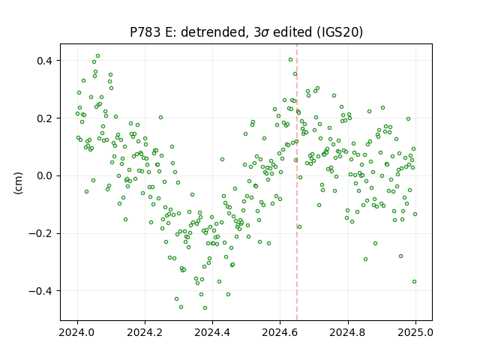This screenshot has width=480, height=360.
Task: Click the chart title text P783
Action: (x=145, y=32)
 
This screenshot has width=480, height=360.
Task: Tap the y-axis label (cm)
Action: (x=18, y=183)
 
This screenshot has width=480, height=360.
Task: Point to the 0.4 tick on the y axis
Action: (x=44, y=61)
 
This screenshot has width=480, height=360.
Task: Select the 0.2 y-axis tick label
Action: (x=44, y=118)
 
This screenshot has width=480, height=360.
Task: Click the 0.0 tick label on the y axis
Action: (x=44, y=175)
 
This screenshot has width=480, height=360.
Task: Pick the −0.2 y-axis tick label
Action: (x=40, y=233)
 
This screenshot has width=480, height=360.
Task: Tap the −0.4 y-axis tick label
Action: (x=40, y=291)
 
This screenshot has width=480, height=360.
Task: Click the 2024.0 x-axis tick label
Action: (x=77, y=332)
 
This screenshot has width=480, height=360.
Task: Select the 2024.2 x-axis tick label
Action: (x=145, y=332)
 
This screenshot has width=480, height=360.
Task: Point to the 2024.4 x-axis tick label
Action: (x=212, y=332)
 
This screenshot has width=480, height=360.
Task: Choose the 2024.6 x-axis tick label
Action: (x=280, y=332)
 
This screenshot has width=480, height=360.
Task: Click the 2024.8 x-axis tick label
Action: (x=348, y=332)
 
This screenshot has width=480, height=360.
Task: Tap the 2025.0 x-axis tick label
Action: (x=415, y=332)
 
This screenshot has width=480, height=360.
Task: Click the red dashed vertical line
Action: (x=297, y=182)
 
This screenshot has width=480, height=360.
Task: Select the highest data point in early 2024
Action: (x=98, y=56)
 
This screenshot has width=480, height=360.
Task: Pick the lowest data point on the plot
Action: (x=205, y=307)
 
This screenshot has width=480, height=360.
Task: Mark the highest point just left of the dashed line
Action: (x=290, y=60)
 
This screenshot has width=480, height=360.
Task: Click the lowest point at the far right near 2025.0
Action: (x=415, y=282)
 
